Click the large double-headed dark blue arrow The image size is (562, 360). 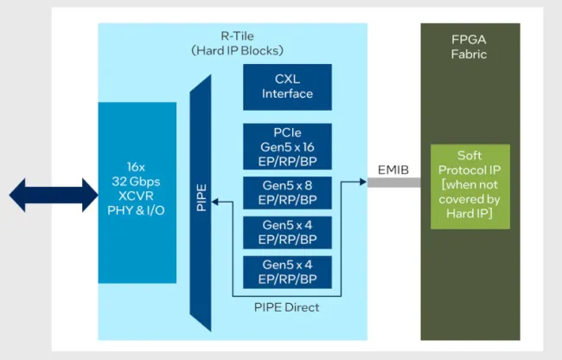(49, 195)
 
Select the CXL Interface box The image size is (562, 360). (287, 87)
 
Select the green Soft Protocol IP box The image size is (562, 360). (470, 186)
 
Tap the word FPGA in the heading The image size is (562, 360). (469, 40)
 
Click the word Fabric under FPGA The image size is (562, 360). (469, 54)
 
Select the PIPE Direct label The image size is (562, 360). (286, 307)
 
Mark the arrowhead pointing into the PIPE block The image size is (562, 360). (216, 202)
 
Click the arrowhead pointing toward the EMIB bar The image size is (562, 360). (361, 183)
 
